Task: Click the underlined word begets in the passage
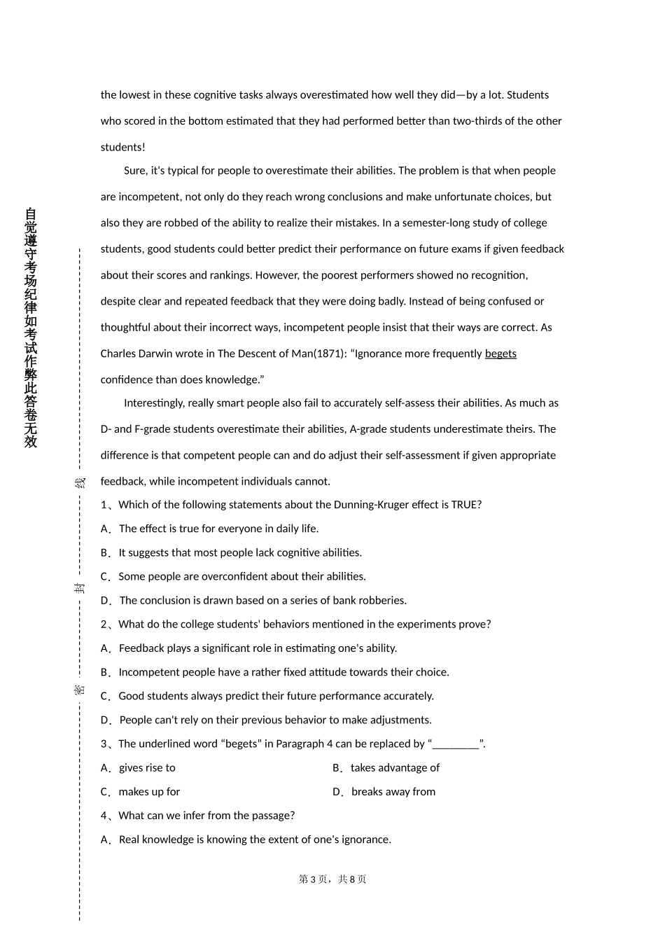click(x=500, y=354)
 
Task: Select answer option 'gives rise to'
click(x=147, y=768)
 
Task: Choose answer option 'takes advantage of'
click(x=395, y=768)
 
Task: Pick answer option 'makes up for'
click(x=149, y=792)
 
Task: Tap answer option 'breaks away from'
click(x=393, y=792)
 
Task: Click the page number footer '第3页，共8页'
click(x=332, y=879)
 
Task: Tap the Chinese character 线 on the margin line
click(x=80, y=482)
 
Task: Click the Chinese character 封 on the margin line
click(x=80, y=587)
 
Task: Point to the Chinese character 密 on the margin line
click(x=80, y=690)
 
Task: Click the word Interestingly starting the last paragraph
click(x=155, y=403)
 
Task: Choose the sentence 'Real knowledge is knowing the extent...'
click(x=255, y=839)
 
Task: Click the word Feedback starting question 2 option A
click(x=141, y=648)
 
